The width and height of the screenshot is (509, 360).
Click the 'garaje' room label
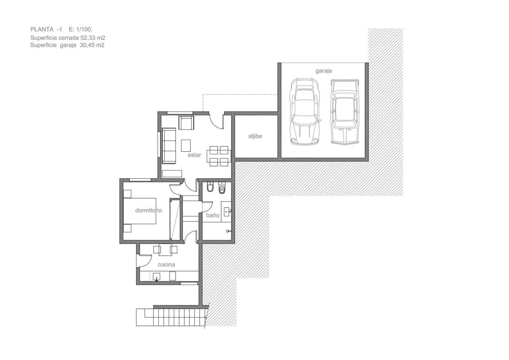(324, 71)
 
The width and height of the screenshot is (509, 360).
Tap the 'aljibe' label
(255, 136)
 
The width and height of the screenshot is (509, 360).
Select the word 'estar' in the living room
(194, 155)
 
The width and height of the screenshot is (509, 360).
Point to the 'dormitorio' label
(148, 210)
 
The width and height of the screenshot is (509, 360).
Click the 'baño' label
(213, 215)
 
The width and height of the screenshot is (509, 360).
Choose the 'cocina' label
(166, 265)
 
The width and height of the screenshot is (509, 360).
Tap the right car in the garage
(344, 112)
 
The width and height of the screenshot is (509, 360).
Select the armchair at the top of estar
(186, 123)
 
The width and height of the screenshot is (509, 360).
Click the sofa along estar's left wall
(169, 145)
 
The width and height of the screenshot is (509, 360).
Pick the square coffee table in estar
(186, 145)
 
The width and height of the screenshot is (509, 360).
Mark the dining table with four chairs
(219, 157)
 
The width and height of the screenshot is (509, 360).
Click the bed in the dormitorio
(140, 211)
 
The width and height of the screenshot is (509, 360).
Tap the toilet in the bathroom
(222, 188)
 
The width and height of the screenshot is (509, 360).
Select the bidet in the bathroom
(210, 188)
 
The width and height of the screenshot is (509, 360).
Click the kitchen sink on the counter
(157, 277)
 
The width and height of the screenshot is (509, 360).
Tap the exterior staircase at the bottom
(170, 317)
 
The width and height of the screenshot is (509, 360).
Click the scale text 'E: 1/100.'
(80, 30)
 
